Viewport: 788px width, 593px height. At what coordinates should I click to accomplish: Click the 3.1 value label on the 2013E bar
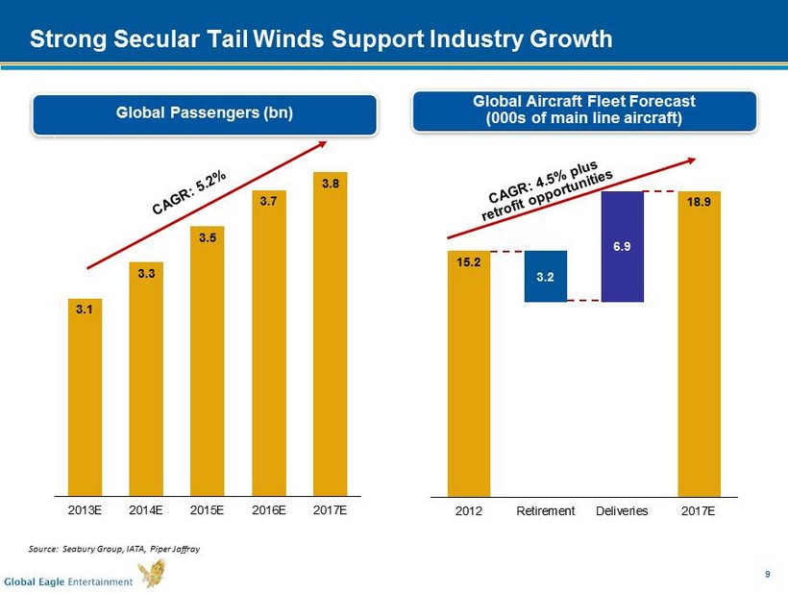point(85,309)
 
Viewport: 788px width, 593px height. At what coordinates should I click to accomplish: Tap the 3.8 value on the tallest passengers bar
point(330,184)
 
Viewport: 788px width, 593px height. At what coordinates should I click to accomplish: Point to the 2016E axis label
point(269,509)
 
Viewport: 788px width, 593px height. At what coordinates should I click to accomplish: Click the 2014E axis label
point(146,509)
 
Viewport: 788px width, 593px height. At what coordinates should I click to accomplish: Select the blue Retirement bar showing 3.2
point(545,277)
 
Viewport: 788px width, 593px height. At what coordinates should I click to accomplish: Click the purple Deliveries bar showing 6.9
point(622,246)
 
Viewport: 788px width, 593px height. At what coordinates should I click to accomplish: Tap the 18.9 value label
point(700,203)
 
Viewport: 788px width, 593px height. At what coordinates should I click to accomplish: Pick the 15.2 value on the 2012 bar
point(468,261)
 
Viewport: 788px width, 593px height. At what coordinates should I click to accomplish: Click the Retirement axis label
point(546,510)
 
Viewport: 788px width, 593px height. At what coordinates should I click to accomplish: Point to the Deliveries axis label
point(622,510)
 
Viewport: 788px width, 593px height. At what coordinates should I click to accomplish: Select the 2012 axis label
point(469,510)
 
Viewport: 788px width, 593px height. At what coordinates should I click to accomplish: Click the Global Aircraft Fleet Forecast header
point(584,111)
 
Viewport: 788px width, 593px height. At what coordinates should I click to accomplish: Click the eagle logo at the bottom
point(151,574)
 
